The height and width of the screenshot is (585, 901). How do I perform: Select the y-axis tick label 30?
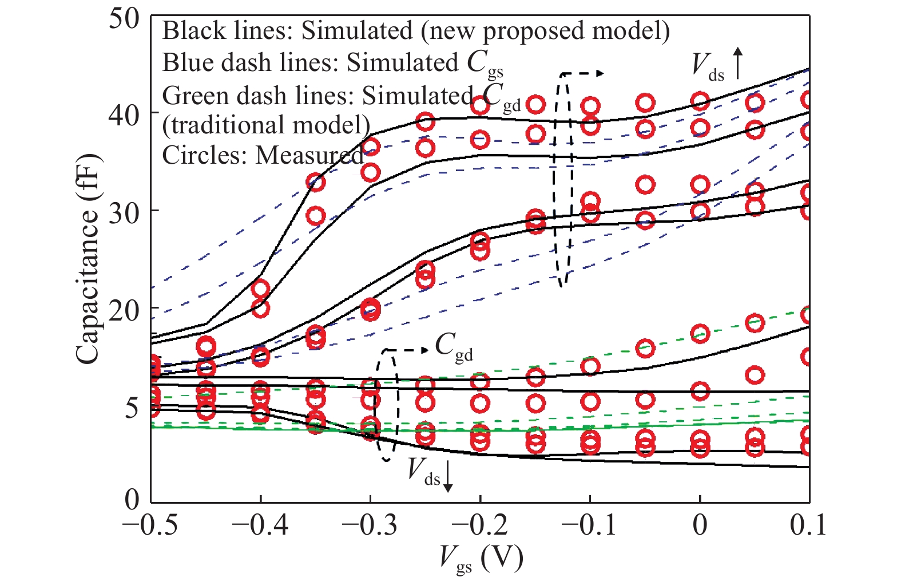[124, 212]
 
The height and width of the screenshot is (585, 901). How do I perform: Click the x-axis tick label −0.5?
[150, 525]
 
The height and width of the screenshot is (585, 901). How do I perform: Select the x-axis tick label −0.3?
[370, 525]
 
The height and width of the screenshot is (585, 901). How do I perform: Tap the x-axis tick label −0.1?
[589, 525]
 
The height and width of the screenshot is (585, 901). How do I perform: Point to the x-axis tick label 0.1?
[808, 525]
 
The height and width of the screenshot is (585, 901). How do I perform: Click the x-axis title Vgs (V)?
[481, 558]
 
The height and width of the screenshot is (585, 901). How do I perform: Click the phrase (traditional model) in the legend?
[266, 125]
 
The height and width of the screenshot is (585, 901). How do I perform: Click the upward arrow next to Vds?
[738, 63]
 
